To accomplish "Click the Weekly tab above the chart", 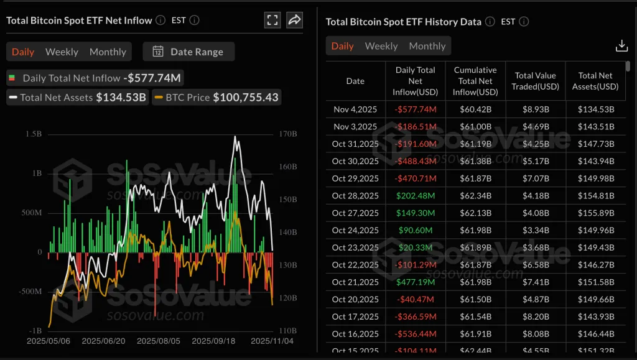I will click(x=62, y=52).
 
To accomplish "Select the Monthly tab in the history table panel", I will click(x=427, y=46).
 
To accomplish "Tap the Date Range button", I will click(x=188, y=52).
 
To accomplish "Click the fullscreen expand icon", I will click(x=272, y=20).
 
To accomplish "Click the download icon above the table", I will click(x=621, y=46).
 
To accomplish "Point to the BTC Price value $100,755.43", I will click(x=246, y=97).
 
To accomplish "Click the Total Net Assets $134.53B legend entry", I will click(x=77, y=97).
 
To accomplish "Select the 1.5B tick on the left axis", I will click(x=34, y=134).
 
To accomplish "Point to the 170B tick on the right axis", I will click(x=289, y=134).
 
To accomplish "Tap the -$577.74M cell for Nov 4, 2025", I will click(x=416, y=109).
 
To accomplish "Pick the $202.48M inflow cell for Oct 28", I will click(x=416, y=196).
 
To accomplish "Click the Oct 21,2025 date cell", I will click(x=355, y=282).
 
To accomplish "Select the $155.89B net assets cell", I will click(x=595, y=213).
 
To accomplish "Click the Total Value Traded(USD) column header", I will click(x=535, y=81).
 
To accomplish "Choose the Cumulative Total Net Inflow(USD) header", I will click(x=475, y=81).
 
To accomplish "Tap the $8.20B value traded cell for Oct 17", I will click(x=535, y=317).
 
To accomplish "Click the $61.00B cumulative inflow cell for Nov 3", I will click(x=475, y=127).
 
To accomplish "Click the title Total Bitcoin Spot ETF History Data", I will click(x=403, y=22).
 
